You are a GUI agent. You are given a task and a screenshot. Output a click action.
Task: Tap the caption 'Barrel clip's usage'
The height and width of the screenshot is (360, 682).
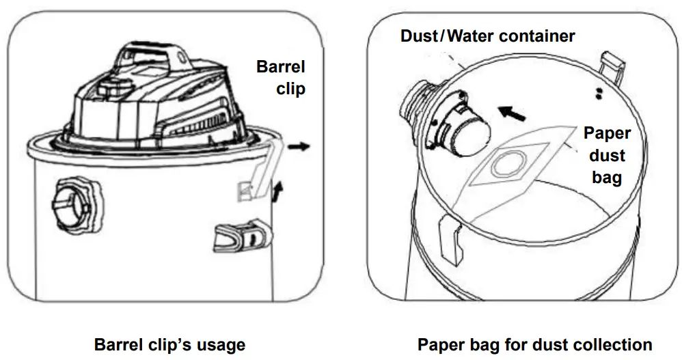[169, 344]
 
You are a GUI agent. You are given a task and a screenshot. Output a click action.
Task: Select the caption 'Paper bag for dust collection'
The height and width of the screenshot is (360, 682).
[534, 344]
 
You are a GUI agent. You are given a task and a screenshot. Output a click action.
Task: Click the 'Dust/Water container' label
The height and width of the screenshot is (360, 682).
[487, 36]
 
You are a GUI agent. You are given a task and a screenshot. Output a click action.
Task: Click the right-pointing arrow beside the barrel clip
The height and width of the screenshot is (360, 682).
[299, 146]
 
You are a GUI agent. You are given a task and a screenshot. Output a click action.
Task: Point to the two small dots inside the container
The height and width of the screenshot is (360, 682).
[599, 94]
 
